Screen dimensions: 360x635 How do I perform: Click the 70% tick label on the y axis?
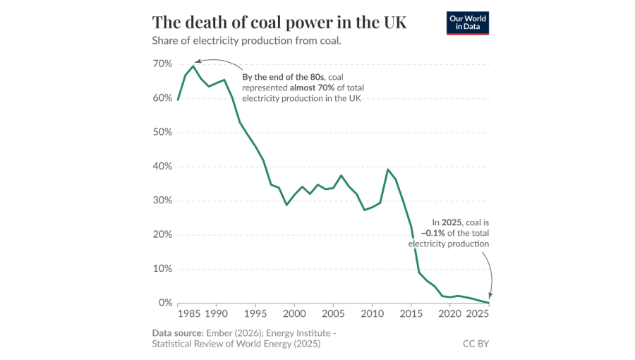coord(163,64)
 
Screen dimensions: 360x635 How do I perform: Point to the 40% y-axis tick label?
coord(163,167)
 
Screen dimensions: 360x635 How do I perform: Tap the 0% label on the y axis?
coord(166,303)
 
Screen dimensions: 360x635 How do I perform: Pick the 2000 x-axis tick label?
coord(294,313)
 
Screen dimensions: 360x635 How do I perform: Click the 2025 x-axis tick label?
coord(477,313)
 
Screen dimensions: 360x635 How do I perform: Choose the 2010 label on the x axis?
coord(372,313)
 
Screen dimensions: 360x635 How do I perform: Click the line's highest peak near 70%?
coord(193,66)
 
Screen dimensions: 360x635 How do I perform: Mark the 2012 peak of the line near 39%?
coord(387,169)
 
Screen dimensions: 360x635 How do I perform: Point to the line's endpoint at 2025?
coord(489,303)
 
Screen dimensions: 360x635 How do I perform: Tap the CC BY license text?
coord(475,344)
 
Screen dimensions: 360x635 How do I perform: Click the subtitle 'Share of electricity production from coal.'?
coord(246,41)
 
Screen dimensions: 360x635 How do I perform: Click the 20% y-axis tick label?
coord(163,234)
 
